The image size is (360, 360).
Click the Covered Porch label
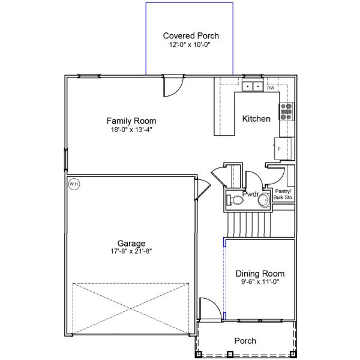pos(191,35)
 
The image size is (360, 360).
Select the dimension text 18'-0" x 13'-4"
pos(131,130)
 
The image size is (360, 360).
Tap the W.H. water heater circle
pos(74,184)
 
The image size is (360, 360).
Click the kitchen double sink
pos(252,86)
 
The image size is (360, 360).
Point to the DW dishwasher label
pos(271,88)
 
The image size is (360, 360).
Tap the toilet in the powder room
pos(235,200)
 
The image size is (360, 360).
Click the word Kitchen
pos(256,119)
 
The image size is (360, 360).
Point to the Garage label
pos(131,243)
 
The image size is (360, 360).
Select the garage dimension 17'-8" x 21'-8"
pos(131,251)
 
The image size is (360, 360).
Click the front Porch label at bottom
pos(245,341)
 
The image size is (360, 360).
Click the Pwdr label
pos(250,194)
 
